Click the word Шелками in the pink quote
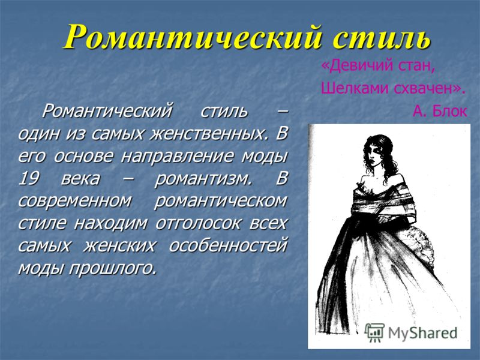click(355, 88)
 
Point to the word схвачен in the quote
click(428, 89)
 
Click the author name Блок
click(449, 111)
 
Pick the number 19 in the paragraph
click(29, 178)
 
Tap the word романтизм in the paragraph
click(203, 179)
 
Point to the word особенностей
click(229, 245)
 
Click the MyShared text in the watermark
click(422, 333)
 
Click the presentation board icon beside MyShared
click(374, 332)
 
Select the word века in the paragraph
click(80, 179)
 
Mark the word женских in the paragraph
click(119, 245)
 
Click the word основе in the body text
click(83, 156)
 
